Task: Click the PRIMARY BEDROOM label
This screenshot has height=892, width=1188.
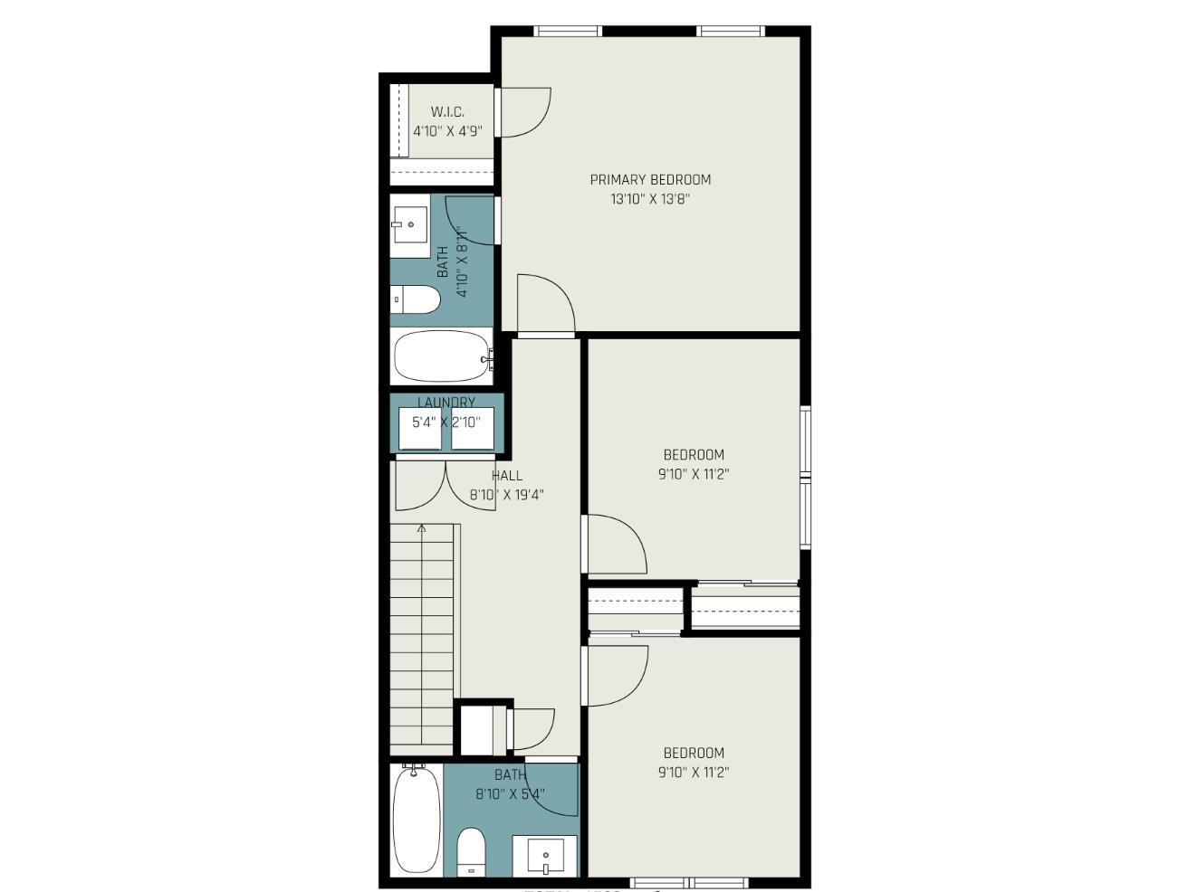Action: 650,179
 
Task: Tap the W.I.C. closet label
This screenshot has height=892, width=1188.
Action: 447,112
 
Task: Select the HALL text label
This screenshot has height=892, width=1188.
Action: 507,475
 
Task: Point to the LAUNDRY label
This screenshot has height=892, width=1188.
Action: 446,402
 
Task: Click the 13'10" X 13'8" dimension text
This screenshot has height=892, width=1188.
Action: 650,199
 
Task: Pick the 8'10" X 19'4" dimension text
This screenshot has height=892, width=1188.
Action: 506,495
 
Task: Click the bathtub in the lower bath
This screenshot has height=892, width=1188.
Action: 417,820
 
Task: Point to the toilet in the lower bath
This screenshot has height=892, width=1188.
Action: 471,851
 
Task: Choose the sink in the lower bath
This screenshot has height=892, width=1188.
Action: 545,855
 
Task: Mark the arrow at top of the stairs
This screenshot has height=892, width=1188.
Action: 421,527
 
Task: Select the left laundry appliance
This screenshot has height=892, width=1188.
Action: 421,428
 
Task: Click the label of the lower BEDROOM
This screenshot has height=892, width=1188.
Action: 694,753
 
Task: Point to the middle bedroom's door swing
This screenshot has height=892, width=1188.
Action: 614,543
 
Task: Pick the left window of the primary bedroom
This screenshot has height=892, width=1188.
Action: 568,32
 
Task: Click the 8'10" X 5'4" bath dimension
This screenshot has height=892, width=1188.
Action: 510,794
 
